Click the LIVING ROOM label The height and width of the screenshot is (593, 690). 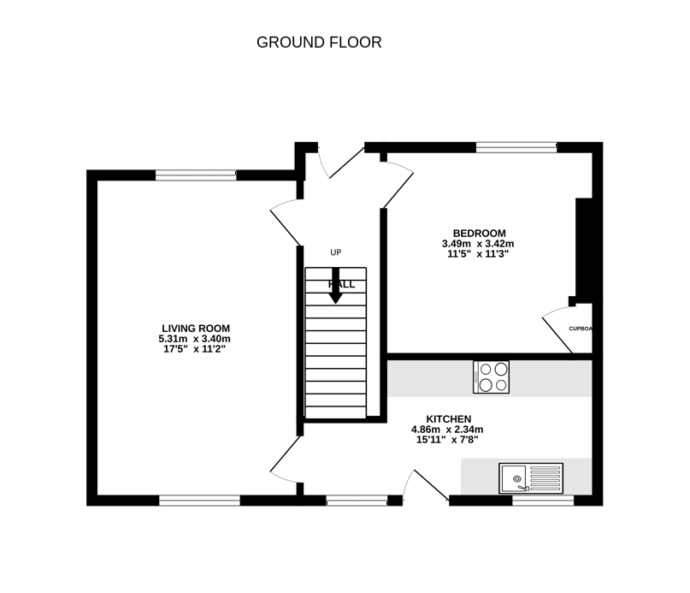point(196,329)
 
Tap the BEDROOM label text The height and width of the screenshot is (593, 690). point(479,234)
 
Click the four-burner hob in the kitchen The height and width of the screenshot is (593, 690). point(492,377)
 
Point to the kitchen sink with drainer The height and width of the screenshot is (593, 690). point(531,477)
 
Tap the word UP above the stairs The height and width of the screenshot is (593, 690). point(336,252)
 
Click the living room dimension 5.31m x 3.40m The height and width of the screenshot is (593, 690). point(196,339)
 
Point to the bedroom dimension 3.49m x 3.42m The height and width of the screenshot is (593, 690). point(479,244)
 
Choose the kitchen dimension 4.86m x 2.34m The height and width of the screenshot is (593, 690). point(447,430)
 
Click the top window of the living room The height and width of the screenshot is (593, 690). point(196,175)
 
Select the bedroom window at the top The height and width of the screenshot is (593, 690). point(516,147)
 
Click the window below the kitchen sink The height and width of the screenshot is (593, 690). point(542,501)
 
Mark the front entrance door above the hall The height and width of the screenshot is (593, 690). point(340,160)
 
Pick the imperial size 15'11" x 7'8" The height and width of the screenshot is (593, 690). point(447,440)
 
